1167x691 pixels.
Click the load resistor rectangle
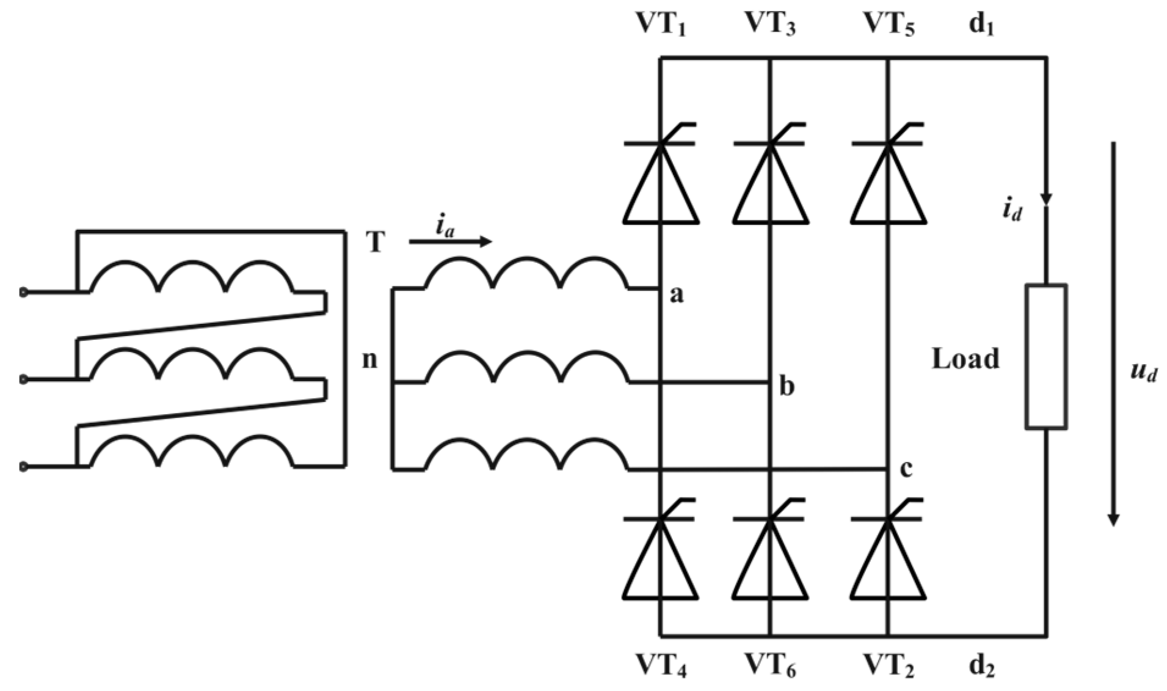[x=1045, y=356]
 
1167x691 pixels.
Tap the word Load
[x=965, y=359]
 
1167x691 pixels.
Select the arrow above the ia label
[x=450, y=242]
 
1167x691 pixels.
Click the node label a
[x=677, y=295]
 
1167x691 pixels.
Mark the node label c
[x=906, y=469]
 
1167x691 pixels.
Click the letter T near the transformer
[x=376, y=243]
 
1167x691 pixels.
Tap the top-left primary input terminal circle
[x=23, y=293]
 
